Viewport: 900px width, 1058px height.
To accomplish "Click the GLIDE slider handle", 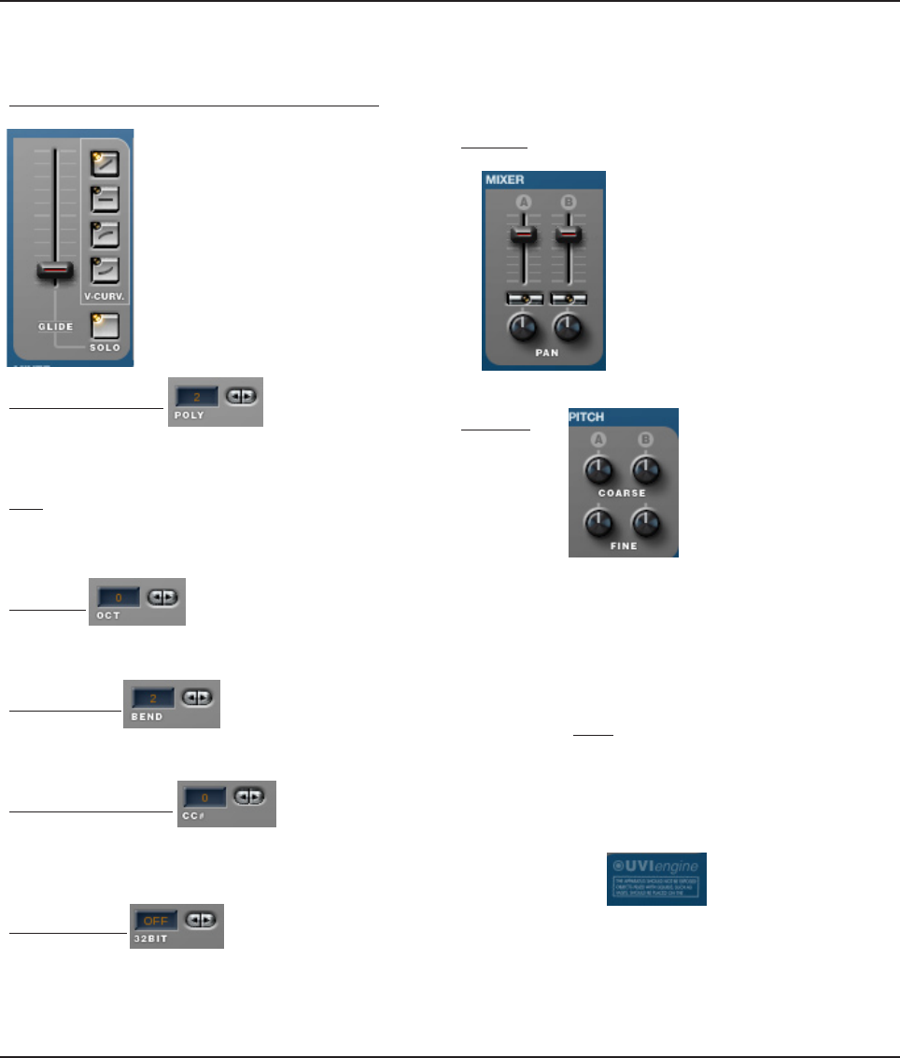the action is click(x=54, y=271).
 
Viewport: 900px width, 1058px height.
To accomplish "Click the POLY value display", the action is click(x=195, y=397).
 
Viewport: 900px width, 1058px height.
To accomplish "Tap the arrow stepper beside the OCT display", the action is click(x=163, y=596).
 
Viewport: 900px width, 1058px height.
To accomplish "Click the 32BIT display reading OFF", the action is click(x=155, y=920).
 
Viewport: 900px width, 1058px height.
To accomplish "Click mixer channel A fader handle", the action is click(x=524, y=234).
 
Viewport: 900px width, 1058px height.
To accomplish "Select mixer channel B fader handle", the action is click(x=565, y=234).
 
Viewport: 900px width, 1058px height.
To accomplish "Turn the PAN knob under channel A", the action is click(x=524, y=329).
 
